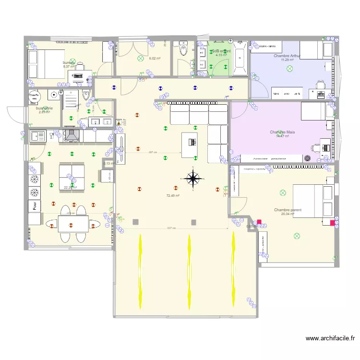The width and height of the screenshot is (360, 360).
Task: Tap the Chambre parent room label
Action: coord(288,210)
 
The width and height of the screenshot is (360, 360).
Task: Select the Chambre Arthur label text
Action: coord(287,56)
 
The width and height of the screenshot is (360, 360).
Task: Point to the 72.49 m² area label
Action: coord(173,196)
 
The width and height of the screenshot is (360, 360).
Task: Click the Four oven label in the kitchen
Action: coord(35,206)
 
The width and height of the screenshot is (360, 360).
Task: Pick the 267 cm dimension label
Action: coord(153,153)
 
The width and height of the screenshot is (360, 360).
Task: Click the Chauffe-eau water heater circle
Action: coord(34,96)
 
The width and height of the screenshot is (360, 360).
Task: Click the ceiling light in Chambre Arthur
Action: coord(289,69)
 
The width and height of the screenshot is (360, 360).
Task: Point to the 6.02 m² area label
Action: coord(154,59)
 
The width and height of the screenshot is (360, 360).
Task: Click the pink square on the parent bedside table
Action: coord(333,222)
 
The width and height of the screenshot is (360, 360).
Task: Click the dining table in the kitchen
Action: coord(73,224)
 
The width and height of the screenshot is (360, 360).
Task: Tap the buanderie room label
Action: coord(44,108)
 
